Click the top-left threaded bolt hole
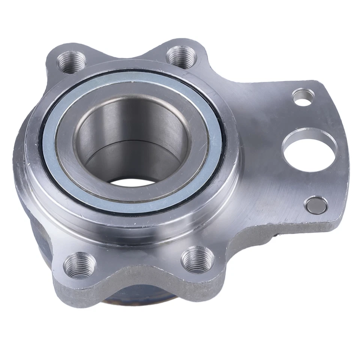(x=71, y=62)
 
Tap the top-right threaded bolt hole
(x=181, y=55)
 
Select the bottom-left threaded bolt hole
(x=79, y=265)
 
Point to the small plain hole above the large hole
(x=303, y=96)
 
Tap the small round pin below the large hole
(x=316, y=204)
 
